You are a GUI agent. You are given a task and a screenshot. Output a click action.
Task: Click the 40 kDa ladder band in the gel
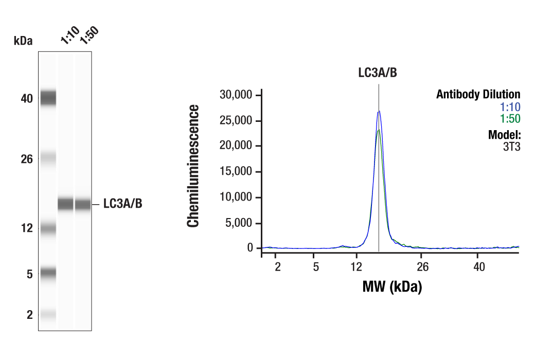(x=48, y=97)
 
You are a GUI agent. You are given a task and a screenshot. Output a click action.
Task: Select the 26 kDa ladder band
(x=48, y=158)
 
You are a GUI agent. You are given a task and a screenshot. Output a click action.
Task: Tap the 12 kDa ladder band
(x=48, y=228)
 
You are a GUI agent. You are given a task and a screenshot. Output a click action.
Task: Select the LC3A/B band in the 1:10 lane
(x=65, y=204)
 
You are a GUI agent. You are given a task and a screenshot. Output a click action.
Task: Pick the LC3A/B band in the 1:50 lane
(x=83, y=204)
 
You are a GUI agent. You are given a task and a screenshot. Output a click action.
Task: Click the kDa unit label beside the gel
(x=23, y=41)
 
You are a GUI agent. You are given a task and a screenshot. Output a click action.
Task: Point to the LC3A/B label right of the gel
(x=122, y=204)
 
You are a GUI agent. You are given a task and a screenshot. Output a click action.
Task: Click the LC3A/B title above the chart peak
(x=378, y=73)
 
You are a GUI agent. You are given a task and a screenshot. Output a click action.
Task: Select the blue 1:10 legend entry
(x=510, y=107)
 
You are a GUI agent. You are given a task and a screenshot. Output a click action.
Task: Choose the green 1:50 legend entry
(x=510, y=119)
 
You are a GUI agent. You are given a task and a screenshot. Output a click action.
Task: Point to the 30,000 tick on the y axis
(x=236, y=95)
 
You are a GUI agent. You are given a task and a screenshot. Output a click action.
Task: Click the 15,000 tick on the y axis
(x=236, y=172)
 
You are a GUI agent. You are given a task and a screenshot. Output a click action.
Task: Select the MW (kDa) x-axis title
(x=392, y=287)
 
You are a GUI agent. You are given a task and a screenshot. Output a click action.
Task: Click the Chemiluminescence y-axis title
(x=193, y=166)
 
